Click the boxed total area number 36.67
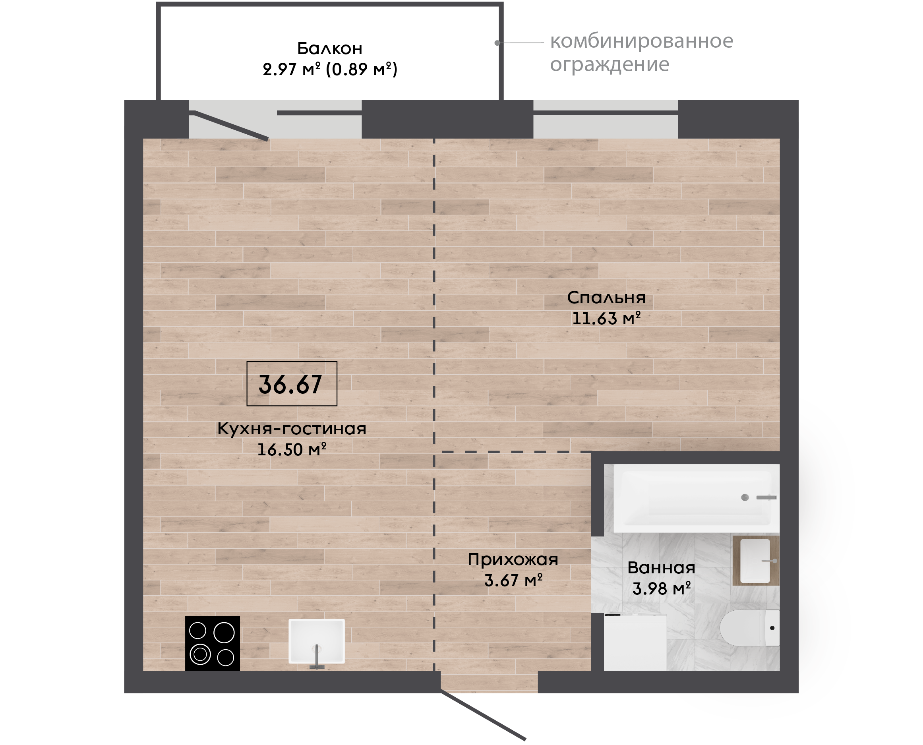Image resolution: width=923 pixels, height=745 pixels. coord(290,384)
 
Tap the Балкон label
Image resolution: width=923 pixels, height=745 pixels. coord(329,48)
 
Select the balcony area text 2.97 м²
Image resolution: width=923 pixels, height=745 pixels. coord(292,69)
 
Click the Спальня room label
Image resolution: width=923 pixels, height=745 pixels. coord(606,297)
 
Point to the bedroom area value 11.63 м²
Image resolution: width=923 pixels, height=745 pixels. coord(606,318)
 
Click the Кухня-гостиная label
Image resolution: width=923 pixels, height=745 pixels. coord(292,429)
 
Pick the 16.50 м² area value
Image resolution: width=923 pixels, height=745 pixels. coord(292,450)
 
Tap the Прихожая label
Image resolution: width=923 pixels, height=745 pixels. coord(513,560)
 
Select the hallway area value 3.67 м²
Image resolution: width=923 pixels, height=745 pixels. coord(513,581)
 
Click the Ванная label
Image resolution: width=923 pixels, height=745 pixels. coord(661,568)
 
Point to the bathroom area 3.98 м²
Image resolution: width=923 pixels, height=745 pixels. coord(661,589)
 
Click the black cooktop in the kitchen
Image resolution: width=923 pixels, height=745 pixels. coord(213,643)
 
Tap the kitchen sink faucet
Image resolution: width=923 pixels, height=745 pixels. coord(317,657)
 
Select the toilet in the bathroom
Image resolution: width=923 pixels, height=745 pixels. coord(749,628)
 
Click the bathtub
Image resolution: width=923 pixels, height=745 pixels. coord(696,498)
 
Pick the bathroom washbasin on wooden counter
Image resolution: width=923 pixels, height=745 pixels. coord(756,561)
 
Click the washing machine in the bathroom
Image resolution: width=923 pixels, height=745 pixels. coord(635,642)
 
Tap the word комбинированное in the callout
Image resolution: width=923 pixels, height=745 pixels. coord(642,41)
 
